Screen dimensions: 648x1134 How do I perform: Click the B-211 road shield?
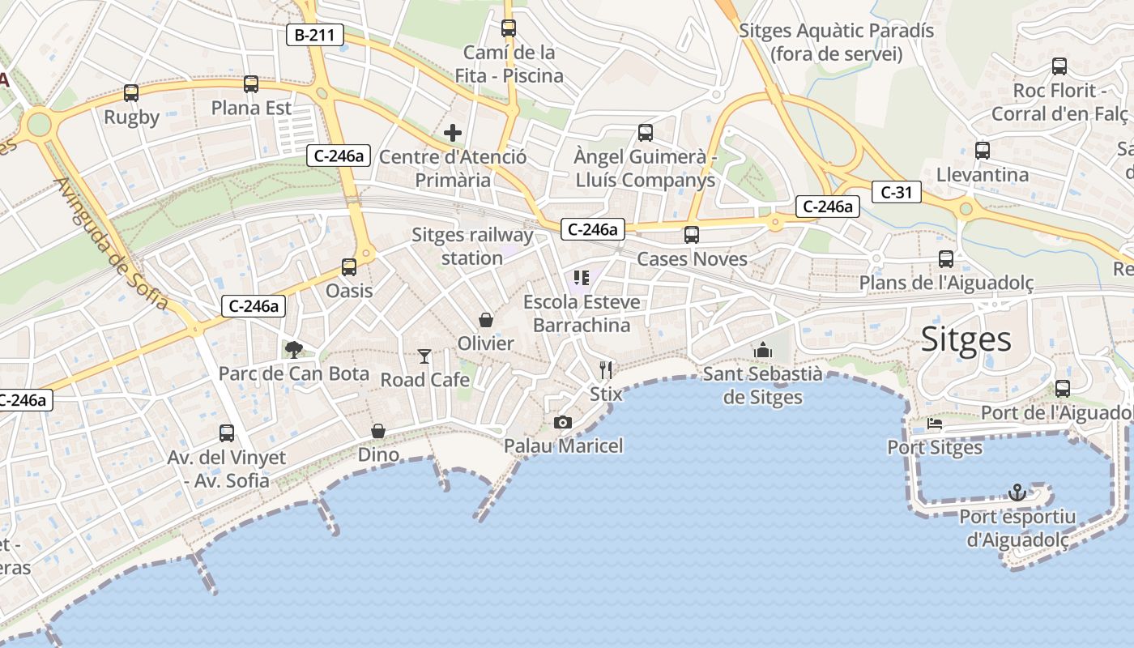[x=315, y=35]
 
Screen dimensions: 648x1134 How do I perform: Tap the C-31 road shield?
[x=897, y=192]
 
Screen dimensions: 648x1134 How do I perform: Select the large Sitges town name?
[x=966, y=339]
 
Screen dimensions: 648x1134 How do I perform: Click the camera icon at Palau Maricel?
[x=563, y=422]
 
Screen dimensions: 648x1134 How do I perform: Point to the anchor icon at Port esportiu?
[x=1017, y=492]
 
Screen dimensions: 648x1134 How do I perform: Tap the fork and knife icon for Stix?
[x=606, y=370]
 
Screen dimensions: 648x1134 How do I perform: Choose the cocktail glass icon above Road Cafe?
[x=424, y=356]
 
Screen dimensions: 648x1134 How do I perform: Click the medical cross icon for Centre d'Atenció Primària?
[x=453, y=132]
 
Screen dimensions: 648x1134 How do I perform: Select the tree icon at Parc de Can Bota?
[x=294, y=349]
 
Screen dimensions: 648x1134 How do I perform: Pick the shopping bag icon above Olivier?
[x=486, y=320]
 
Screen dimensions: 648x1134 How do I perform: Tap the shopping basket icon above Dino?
[x=378, y=431]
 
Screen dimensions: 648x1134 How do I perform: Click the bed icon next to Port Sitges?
[x=935, y=424]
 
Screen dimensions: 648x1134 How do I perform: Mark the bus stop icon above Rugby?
[x=131, y=93]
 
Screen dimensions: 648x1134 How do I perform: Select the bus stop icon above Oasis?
[x=349, y=266]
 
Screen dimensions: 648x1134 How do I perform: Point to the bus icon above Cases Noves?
[x=691, y=235]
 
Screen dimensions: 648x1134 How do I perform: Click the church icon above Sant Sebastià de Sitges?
[x=762, y=350]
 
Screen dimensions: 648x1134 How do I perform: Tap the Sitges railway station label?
[x=472, y=246]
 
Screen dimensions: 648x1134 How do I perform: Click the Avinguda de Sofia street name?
[x=111, y=243]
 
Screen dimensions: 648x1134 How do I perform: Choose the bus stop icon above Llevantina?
[x=983, y=150]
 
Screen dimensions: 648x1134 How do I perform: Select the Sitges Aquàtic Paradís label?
[x=836, y=42]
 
